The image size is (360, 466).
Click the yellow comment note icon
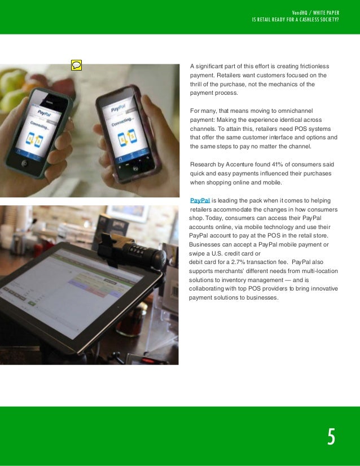tap(76, 65)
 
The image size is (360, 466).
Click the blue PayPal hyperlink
tap(200, 200)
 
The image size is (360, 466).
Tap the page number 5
tap(331, 437)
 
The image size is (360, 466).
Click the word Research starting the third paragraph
tap(203, 164)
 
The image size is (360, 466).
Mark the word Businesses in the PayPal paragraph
tap(206, 244)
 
